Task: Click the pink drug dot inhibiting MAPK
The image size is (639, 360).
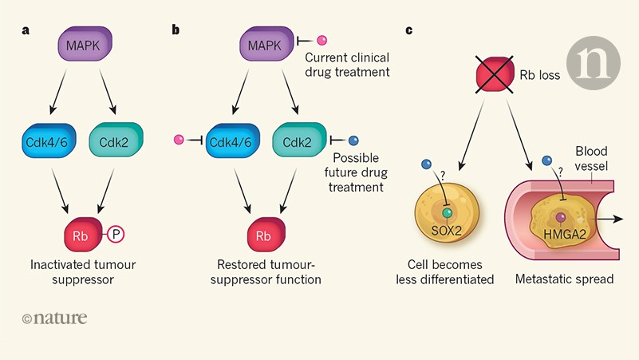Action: pyautogui.click(x=323, y=41)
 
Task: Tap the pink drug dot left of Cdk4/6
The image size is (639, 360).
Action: pyautogui.click(x=179, y=140)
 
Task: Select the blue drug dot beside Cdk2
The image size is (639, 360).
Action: pyautogui.click(x=353, y=140)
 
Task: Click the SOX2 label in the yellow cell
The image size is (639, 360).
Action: pyautogui.click(x=447, y=230)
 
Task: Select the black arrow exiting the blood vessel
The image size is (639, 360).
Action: pyautogui.click(x=610, y=216)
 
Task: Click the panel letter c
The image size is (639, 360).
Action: pyautogui.click(x=409, y=30)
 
